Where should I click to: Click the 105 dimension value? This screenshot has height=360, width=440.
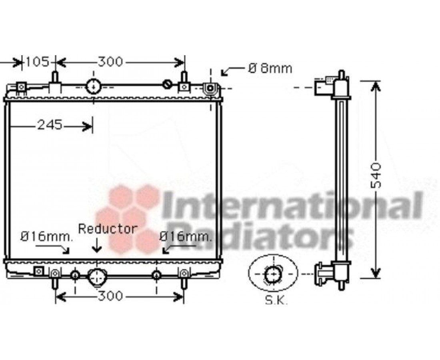coord(37,62)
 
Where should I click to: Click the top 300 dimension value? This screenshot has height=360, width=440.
coord(110,62)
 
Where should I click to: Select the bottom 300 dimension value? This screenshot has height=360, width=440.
coord(110,296)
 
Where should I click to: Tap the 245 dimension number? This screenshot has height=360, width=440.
coord(50,125)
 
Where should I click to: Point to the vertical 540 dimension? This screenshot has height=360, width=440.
coord(376,175)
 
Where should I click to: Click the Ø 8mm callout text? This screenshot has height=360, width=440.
coord(270,68)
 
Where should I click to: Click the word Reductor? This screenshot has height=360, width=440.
coord(108,229)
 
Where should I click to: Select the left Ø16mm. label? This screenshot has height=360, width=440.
coord(46,237)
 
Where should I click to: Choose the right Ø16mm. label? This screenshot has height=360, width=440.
coord(185,237)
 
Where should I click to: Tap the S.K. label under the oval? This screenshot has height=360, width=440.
coord(276,300)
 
